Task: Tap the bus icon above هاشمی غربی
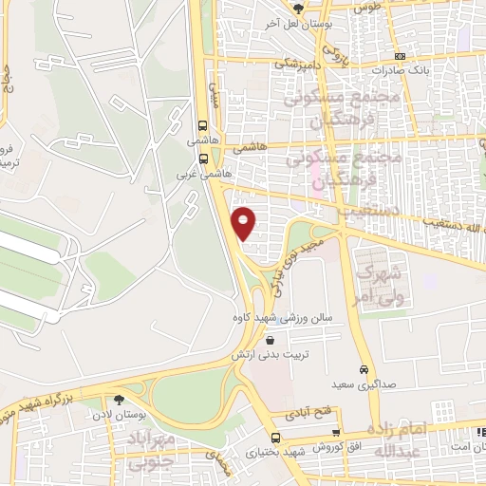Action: [x=202, y=159]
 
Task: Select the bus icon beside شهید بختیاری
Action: [x=275, y=438]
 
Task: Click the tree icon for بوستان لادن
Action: [x=119, y=402]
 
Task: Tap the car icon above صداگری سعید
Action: [x=363, y=369]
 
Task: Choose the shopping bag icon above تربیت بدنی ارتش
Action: [x=271, y=341]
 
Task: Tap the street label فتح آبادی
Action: [x=307, y=415]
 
